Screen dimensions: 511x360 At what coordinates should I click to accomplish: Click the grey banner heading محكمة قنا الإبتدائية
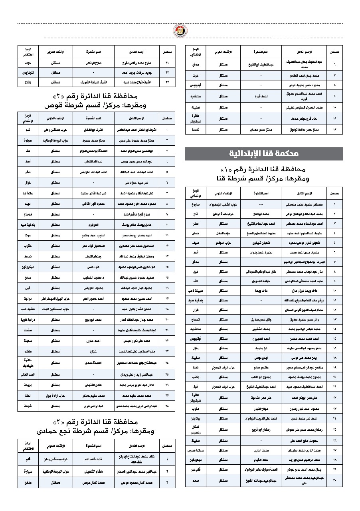click(264, 154)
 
